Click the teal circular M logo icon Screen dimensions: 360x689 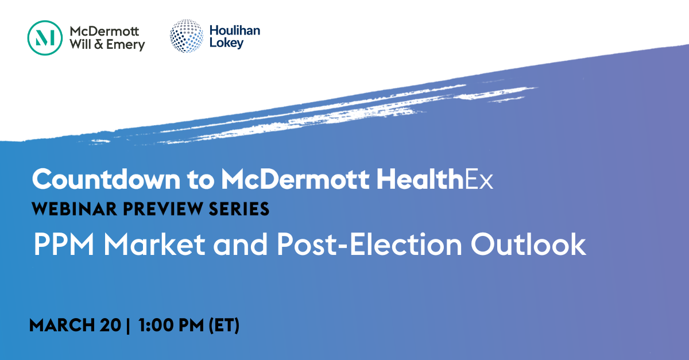point(45,38)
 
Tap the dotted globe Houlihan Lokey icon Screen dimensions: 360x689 point(187,36)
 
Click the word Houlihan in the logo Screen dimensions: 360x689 point(235,30)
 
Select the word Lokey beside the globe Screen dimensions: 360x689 point(226,43)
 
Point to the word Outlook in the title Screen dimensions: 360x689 point(528,245)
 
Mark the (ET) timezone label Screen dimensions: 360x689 point(224,326)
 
